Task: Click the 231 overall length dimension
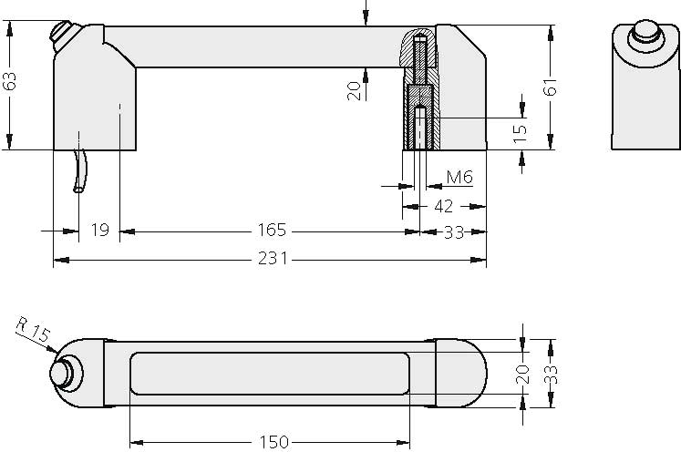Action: click(x=272, y=259)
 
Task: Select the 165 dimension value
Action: click(x=272, y=230)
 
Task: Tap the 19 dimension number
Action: click(x=100, y=230)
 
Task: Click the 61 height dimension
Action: click(x=549, y=87)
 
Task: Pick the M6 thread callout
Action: click(x=459, y=177)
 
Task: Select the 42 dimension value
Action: click(x=443, y=206)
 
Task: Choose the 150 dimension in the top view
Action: click(x=272, y=442)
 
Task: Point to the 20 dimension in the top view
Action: click(x=522, y=375)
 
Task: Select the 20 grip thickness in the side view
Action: click(x=356, y=88)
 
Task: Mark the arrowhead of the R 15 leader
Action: click(x=57, y=353)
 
